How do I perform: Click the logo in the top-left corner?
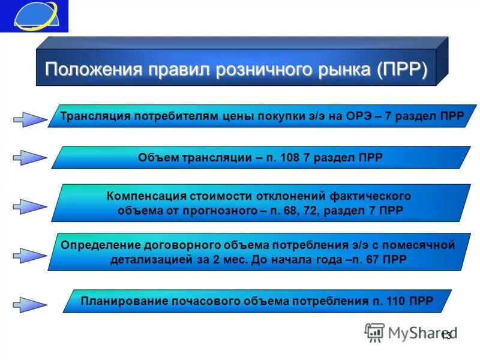[x=34, y=16]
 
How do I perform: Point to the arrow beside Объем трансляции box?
[x=29, y=158]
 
